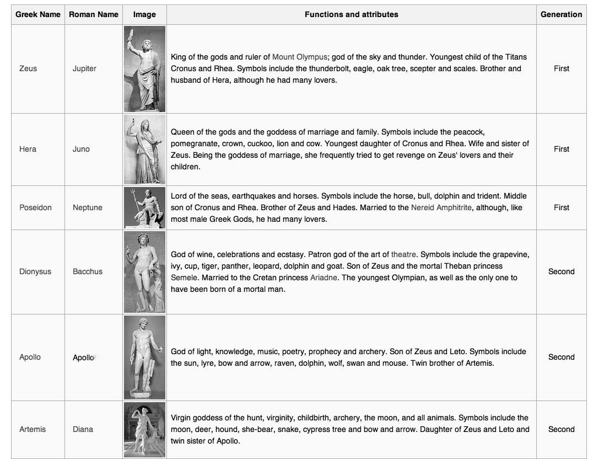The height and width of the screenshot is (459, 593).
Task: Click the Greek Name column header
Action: pyautogui.click(x=37, y=14)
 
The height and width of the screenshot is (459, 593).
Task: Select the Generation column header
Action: pyautogui.click(x=561, y=14)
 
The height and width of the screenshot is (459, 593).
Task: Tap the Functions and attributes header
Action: pyautogui.click(x=351, y=14)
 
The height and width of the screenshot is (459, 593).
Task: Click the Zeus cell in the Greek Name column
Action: pyautogui.click(x=28, y=68)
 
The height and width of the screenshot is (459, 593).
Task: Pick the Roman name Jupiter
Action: pyautogui.click(x=84, y=68)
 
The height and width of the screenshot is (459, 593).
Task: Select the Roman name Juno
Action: pyautogui.click(x=81, y=149)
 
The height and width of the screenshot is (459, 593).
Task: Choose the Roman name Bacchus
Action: pyautogui.click(x=88, y=271)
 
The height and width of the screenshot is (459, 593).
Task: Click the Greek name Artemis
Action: pyautogui.click(x=33, y=429)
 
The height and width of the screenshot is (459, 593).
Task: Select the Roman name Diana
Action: pyautogui.click(x=83, y=429)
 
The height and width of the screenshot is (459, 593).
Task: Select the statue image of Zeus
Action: pyautogui.click(x=144, y=68)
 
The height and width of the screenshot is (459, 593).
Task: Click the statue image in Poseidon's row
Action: pyautogui.click(x=144, y=207)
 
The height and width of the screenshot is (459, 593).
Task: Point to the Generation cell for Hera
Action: pyautogui.click(x=561, y=149)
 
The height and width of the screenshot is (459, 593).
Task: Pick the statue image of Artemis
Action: pyautogui.click(x=144, y=429)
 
